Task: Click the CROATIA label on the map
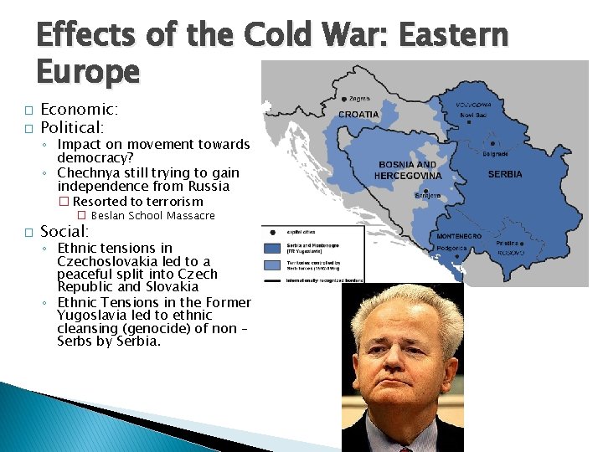pyautogui.click(x=358, y=115)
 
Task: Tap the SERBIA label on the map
pyautogui.click(x=504, y=174)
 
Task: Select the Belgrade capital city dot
pyautogui.click(x=492, y=143)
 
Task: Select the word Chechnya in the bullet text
pyautogui.click(x=89, y=172)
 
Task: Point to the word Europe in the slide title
pyautogui.click(x=88, y=73)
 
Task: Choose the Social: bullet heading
pyautogui.click(x=64, y=231)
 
